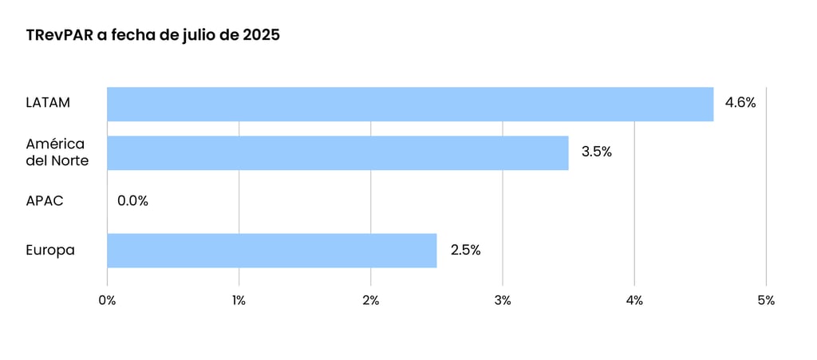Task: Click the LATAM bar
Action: (410, 104)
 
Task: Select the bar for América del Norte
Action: (337, 152)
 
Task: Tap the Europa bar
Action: (272, 250)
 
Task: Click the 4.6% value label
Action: (740, 103)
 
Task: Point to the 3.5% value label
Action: (596, 152)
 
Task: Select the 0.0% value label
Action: (132, 201)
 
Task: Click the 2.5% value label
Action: (465, 250)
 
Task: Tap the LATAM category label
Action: (48, 103)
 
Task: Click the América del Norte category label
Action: (57, 152)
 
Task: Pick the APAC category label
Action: (45, 201)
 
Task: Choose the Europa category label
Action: (50, 250)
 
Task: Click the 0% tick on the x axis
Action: (107, 301)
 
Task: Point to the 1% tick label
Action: (239, 301)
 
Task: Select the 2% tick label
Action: (370, 301)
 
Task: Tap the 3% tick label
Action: (502, 301)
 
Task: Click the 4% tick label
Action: (633, 301)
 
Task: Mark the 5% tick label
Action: (765, 301)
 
